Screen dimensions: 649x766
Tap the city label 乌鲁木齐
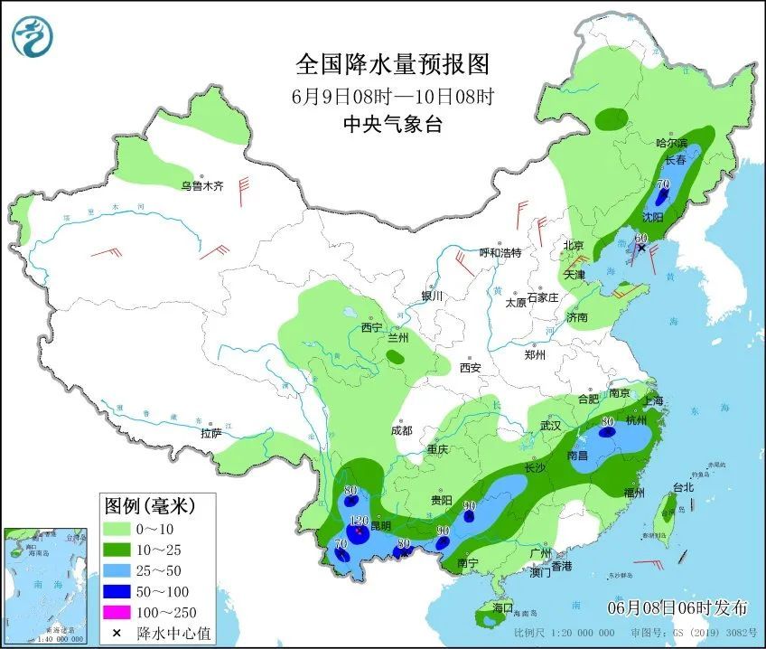pyautogui.click(x=200, y=186)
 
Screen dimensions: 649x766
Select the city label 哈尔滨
pyautogui.click(x=671, y=143)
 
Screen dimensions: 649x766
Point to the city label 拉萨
pyautogui.click(x=210, y=434)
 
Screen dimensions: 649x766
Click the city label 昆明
pyautogui.click(x=379, y=525)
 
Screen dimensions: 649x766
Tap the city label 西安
pyautogui.click(x=470, y=368)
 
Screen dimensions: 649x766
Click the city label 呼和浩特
pyautogui.click(x=500, y=253)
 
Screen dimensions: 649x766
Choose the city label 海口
pyautogui.click(x=503, y=607)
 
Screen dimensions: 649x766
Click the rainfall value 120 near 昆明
pyautogui.click(x=359, y=522)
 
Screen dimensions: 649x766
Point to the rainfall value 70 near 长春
pyautogui.click(x=663, y=184)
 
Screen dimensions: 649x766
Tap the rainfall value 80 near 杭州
pyautogui.click(x=607, y=420)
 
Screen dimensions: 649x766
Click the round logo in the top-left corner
pyautogui.click(x=33, y=35)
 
